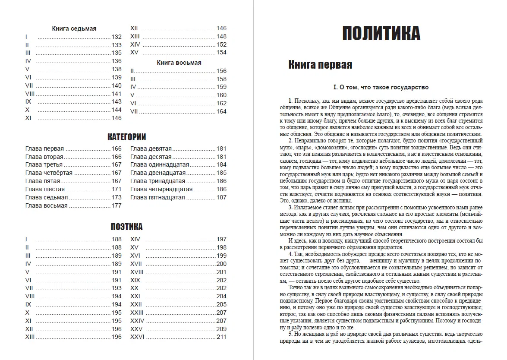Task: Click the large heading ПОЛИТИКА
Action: click(x=381, y=33)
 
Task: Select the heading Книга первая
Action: click(x=320, y=65)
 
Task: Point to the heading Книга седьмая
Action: click(x=74, y=28)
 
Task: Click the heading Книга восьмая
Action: click(x=179, y=63)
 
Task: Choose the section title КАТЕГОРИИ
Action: click(x=126, y=137)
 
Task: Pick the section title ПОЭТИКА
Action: click(x=126, y=227)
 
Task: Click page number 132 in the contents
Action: click(x=117, y=37)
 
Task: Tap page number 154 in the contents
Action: click(x=221, y=53)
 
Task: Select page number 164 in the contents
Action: click(x=221, y=111)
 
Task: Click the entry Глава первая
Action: click(x=44, y=148)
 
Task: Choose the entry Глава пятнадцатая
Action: click(x=157, y=197)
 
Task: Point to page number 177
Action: click(x=117, y=205)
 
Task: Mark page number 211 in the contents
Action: click(x=221, y=337)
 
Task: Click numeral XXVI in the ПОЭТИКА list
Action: click(x=137, y=337)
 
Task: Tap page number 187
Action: click(x=221, y=197)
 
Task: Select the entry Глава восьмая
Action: click(x=46, y=205)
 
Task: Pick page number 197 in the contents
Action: click(x=221, y=239)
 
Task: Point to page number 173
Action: click(x=117, y=197)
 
